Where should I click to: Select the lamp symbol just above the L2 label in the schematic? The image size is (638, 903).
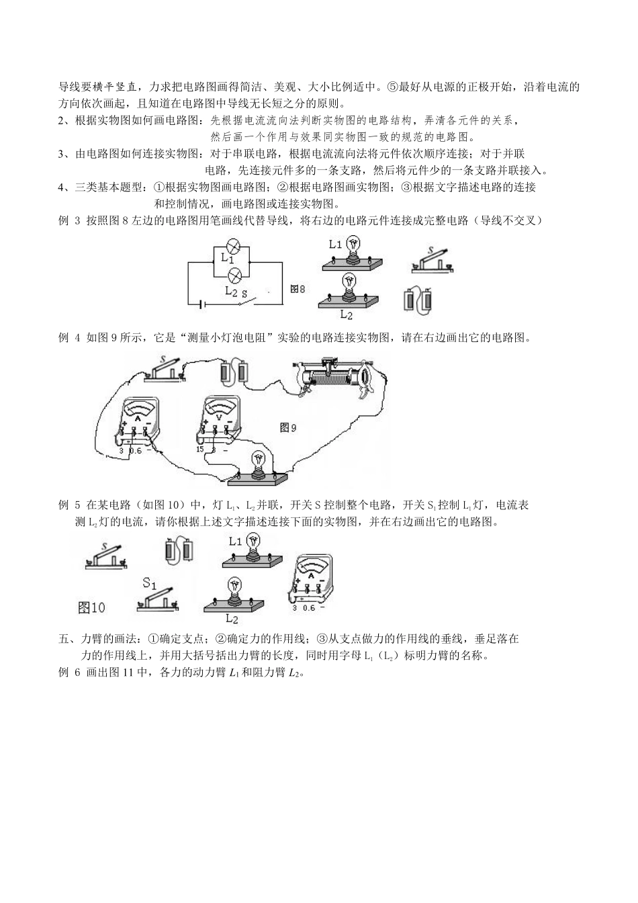pos(235,275)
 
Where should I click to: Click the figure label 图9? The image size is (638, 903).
pos(287,427)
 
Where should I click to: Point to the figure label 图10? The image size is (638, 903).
pos(92,607)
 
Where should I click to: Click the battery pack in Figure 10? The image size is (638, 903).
pos(178,551)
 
